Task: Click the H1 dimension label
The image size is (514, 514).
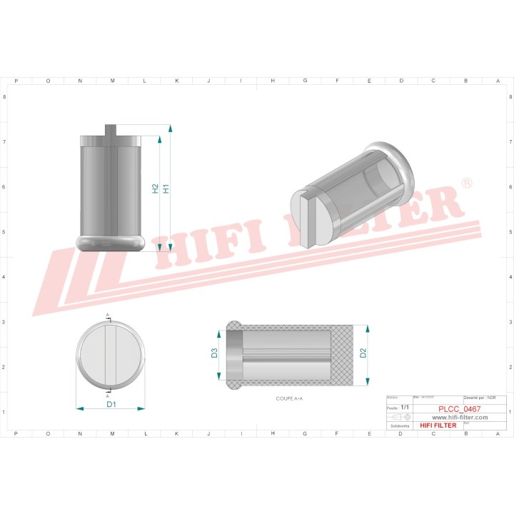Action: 166,188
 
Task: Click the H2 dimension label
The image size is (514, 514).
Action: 156,188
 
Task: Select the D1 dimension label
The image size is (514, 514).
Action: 111,405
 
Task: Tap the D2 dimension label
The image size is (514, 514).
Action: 363,352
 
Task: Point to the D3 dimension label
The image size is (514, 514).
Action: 213,352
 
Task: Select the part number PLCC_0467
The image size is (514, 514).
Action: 459,409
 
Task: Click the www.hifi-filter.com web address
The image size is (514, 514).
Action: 459,417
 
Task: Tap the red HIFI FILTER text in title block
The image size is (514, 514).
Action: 438,425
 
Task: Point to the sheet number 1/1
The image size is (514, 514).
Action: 405,406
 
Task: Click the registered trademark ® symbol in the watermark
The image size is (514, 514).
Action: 466,184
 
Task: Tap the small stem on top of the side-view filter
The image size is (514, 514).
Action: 111,128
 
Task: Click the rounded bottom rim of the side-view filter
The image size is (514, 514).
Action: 111,241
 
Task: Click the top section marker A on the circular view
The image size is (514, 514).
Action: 109,315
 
